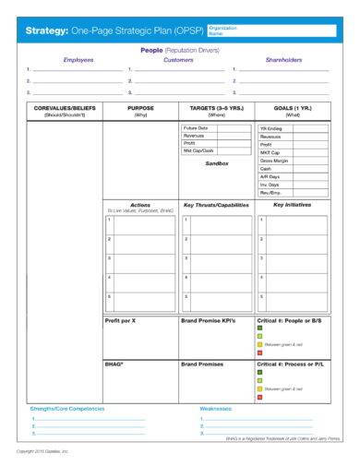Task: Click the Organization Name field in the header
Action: coord(274,30)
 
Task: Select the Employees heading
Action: coord(78,59)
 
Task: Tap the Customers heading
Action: coord(178,59)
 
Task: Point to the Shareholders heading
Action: coord(283,59)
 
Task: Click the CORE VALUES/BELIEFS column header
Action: coord(65,108)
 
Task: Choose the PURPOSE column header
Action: coord(140,108)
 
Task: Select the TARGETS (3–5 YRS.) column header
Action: coord(216,108)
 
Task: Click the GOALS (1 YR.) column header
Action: coord(292,108)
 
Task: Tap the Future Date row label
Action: coord(197,128)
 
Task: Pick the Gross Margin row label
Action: coord(273,161)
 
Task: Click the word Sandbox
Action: coord(216,163)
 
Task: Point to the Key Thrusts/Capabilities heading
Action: coord(216,204)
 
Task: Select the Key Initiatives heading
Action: coord(292,204)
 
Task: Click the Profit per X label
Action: coord(120,319)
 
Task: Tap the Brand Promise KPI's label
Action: coord(209,319)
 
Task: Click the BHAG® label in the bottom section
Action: coord(114,364)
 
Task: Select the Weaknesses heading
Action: coord(216,407)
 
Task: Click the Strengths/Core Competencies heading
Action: coord(67,407)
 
